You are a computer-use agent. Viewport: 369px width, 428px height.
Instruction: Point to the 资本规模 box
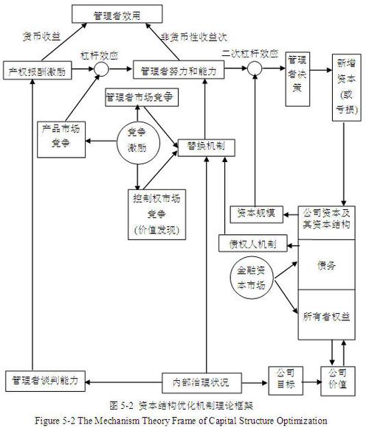tap(256, 213)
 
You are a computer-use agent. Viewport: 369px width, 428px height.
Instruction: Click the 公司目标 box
tap(284, 378)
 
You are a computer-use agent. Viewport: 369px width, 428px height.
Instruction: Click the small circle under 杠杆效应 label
tap(101, 70)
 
